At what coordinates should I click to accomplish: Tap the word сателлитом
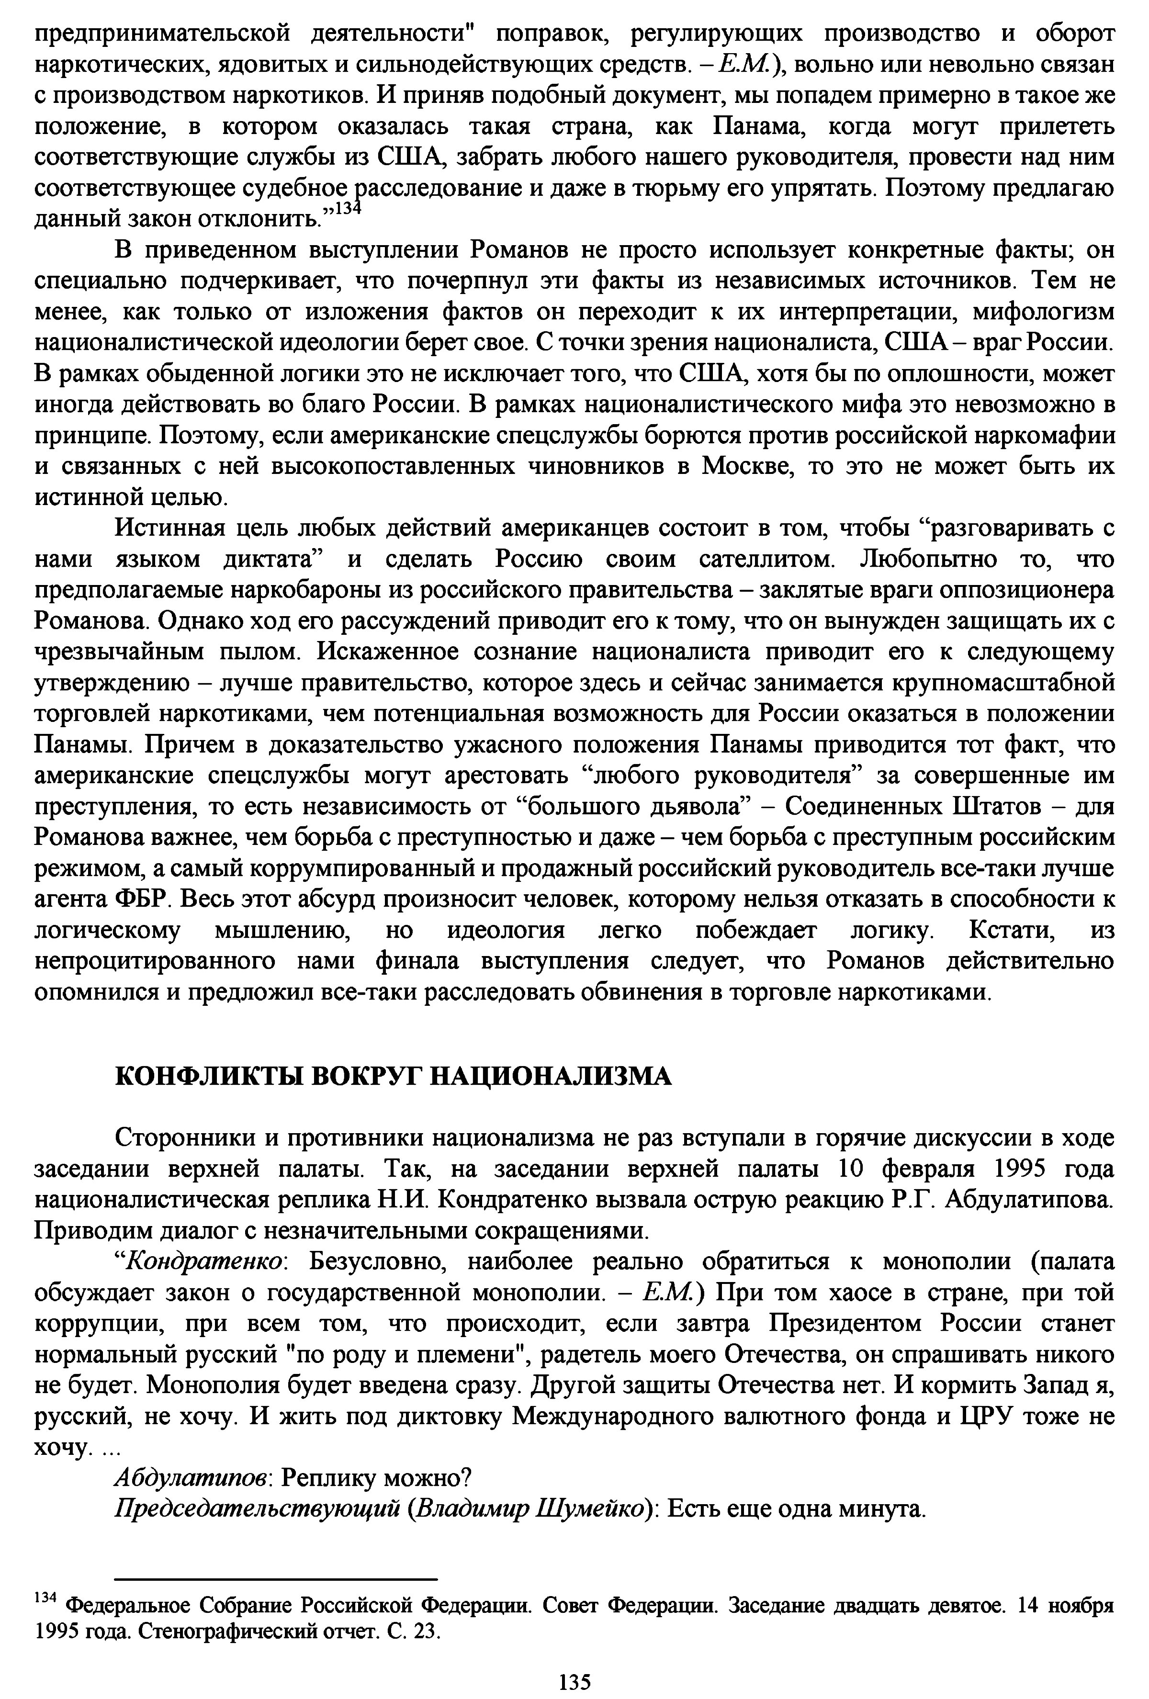[x=767, y=559]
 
